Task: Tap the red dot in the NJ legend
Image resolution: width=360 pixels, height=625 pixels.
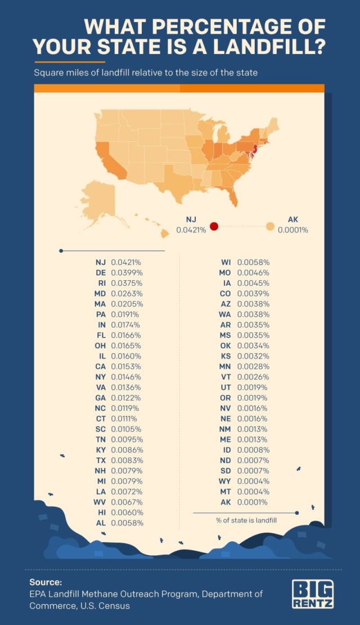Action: tap(214, 227)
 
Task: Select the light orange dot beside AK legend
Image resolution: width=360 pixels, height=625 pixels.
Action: tap(270, 227)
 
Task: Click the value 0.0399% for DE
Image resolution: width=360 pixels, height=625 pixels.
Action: tap(127, 272)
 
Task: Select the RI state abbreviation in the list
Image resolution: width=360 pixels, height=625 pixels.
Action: tap(101, 283)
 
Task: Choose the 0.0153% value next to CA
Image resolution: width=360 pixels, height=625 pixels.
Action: tap(127, 366)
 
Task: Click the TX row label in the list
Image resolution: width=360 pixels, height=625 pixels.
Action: tap(101, 460)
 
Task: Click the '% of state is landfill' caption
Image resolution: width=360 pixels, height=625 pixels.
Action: tap(242, 520)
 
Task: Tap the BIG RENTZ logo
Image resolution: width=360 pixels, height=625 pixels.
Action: tap(313, 595)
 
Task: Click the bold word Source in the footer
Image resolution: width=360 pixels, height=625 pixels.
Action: tap(46, 582)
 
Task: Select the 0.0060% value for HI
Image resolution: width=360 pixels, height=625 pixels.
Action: tap(127, 512)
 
